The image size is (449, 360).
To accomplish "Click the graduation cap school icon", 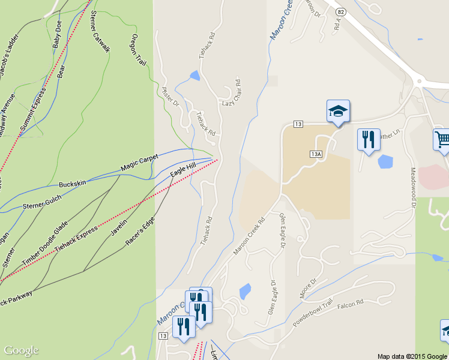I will [338, 111].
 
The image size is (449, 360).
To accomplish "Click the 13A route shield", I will [317, 154].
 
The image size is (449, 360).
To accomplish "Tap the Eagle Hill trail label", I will [183, 170].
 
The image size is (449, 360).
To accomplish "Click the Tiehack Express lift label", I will [76, 239].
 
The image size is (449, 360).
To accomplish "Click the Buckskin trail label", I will [73, 182].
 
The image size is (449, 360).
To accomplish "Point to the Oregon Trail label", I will [138, 50].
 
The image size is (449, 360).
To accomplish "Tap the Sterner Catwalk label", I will [100, 32].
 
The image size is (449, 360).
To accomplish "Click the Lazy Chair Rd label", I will [232, 94].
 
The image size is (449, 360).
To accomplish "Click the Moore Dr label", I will [307, 289].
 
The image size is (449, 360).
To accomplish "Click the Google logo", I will [21, 350].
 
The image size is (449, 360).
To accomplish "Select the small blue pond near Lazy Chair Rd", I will [194, 76].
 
